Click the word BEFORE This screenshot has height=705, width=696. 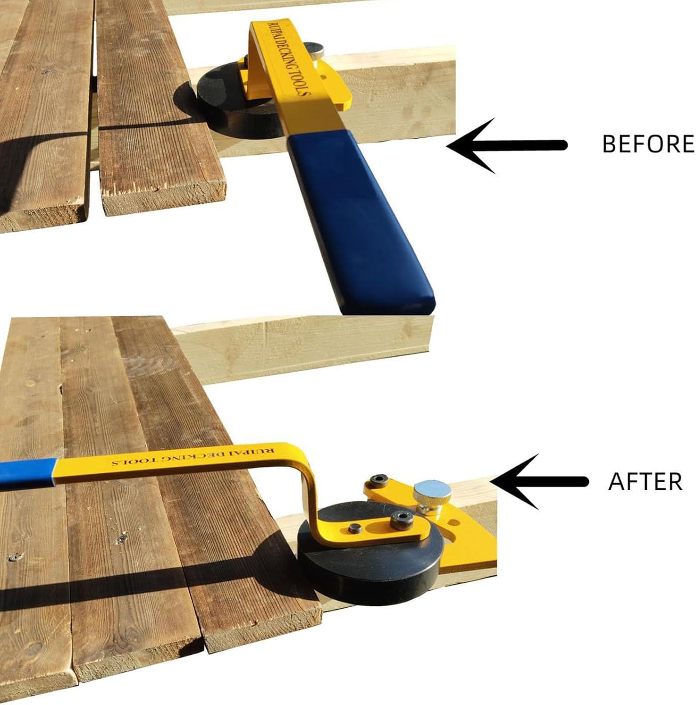click(x=648, y=144)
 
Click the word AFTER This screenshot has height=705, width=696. click(x=645, y=482)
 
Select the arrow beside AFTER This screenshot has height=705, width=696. click(x=540, y=481)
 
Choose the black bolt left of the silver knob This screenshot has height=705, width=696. click(x=379, y=481)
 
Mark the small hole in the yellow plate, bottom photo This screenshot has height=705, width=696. click(x=453, y=522)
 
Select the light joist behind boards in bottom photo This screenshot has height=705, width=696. click(x=301, y=348)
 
